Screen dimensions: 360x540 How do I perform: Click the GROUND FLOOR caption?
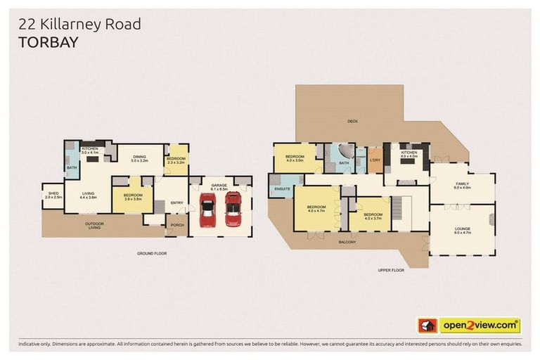point(152,253)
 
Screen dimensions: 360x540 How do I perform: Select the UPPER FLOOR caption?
point(391,269)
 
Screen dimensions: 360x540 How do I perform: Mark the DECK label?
point(352,121)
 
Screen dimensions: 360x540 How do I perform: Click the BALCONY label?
point(346,242)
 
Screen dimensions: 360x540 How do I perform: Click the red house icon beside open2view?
point(427,326)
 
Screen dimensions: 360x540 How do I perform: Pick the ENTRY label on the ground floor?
point(176,203)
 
